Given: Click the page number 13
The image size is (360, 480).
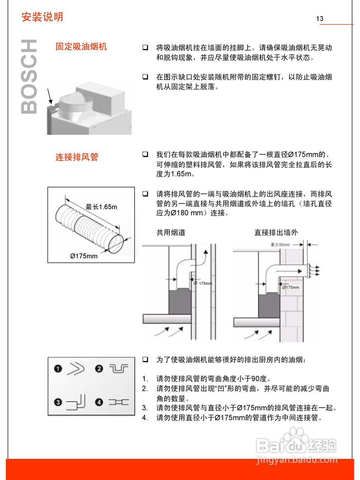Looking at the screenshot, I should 319,19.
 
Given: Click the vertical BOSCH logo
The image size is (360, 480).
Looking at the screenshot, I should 29,76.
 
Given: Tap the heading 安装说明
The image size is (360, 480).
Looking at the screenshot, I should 42,17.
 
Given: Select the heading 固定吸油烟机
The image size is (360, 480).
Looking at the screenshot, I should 81,46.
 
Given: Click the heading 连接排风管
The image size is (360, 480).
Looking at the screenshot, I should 77,157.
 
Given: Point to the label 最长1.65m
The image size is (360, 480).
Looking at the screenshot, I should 101,207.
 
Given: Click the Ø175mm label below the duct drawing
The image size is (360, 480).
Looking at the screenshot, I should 84,256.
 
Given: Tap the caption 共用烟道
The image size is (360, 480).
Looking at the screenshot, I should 171,232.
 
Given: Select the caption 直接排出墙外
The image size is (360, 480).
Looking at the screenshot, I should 276,232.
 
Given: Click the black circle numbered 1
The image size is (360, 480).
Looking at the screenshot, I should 58,369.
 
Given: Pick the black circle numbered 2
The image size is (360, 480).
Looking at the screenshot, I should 99,369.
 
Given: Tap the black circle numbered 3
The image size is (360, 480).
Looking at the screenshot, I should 58,402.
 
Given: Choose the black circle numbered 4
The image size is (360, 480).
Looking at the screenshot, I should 99,402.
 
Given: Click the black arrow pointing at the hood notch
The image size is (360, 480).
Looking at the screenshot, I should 49,96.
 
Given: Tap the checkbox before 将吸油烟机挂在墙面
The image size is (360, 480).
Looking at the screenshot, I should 145,48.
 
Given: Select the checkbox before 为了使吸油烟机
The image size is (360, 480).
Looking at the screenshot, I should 145,359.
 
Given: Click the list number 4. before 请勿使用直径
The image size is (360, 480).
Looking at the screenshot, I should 145,418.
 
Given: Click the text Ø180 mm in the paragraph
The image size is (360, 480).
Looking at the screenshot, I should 187,213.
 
